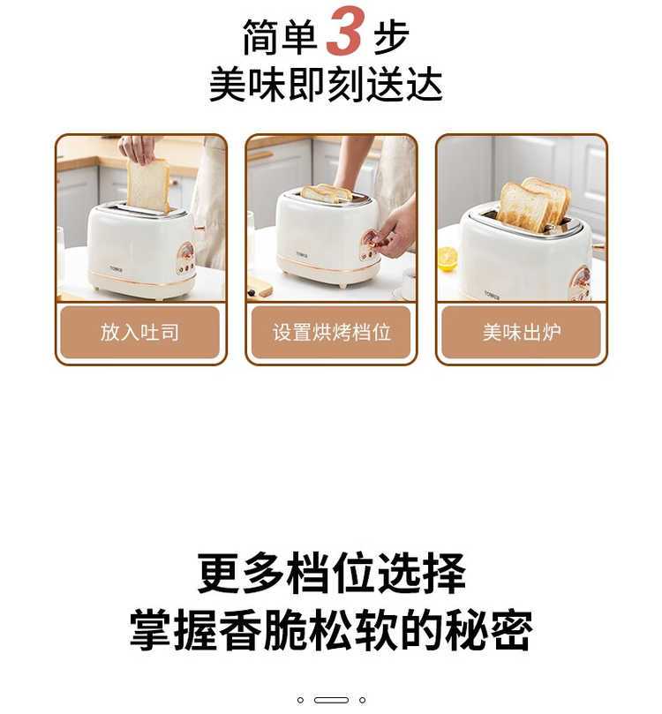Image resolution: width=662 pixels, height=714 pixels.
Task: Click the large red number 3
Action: click(345, 31)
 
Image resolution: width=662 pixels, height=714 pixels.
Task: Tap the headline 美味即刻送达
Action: click(326, 85)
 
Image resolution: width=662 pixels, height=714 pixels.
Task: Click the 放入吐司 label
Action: click(139, 332)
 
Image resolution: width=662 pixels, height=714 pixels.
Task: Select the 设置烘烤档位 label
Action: click(332, 332)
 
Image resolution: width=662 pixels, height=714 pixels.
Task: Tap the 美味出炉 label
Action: click(522, 332)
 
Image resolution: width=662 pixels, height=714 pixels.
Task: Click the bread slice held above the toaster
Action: click(147, 184)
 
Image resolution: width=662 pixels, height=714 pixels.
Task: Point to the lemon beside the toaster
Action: click(448, 259)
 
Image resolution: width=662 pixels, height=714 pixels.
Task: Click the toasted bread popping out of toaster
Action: click(534, 204)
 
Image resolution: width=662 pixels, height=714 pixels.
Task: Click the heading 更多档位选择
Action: click(332, 573)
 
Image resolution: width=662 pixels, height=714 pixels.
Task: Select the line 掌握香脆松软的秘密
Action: click(331, 630)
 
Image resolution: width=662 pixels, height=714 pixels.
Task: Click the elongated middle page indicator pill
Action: click(332, 700)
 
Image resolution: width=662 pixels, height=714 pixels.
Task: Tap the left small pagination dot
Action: click(300, 700)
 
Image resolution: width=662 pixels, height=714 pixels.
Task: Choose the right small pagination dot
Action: click(363, 700)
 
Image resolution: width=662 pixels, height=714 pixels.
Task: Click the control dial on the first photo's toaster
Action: click(186, 252)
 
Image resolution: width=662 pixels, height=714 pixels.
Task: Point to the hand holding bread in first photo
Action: click(137, 148)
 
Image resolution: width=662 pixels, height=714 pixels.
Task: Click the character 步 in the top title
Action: click(391, 36)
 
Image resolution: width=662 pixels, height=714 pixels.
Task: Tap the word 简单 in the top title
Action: click(280, 36)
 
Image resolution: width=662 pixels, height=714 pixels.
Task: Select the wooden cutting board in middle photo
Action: click(260, 291)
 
